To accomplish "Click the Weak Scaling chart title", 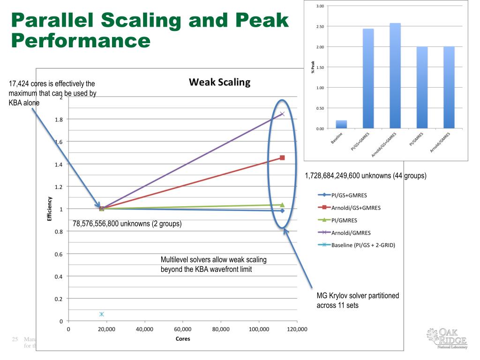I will pyautogui.click(x=219, y=82).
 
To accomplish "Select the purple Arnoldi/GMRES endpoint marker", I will pyautogui.click(x=282, y=113).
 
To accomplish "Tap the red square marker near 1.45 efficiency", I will pyautogui.click(x=282, y=157).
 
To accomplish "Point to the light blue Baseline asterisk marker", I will pyautogui.click(x=102, y=314).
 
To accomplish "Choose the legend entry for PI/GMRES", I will pyautogui.click(x=344, y=220).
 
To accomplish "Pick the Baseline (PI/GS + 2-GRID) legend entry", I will pyautogui.click(x=363, y=245).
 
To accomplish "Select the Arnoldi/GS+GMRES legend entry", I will pyautogui.click(x=356, y=208).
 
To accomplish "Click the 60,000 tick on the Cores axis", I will pyautogui.click(x=182, y=329).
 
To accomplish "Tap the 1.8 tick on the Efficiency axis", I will pyautogui.click(x=60, y=120).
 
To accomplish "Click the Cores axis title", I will pyautogui.click(x=183, y=338).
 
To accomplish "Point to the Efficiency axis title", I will pyautogui.click(x=50, y=209).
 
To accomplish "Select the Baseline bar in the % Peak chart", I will pyautogui.click(x=341, y=124).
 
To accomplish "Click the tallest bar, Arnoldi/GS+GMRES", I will pyautogui.click(x=395, y=75).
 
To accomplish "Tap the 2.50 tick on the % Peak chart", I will pyautogui.click(x=320, y=26).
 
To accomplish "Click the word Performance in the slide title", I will pyautogui.click(x=80, y=40).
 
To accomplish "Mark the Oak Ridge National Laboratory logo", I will pyautogui.click(x=449, y=338).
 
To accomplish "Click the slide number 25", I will pyautogui.click(x=14, y=338).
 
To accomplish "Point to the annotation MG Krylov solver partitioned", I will pyautogui.click(x=358, y=296).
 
